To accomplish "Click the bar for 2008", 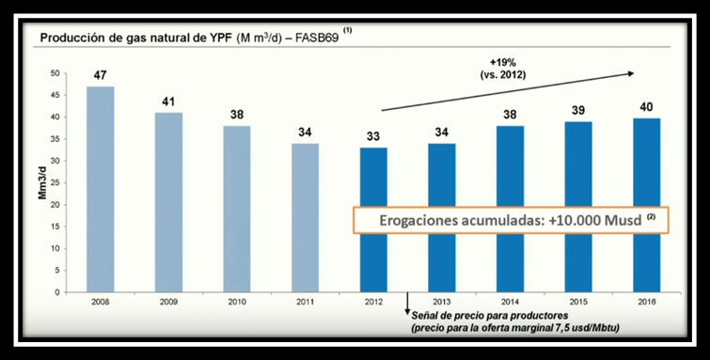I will (101, 189).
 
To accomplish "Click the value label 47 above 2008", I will (101, 72).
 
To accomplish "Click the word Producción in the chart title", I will (70, 38).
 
